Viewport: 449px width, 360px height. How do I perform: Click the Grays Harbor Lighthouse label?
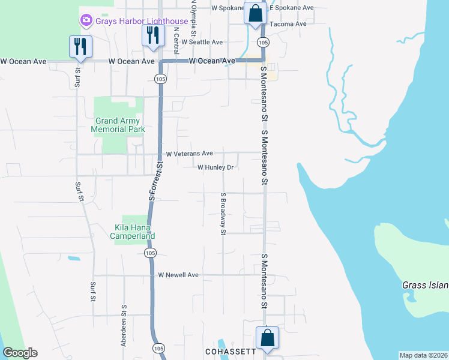click(142, 21)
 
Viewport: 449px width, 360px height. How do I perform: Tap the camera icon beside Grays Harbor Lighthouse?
click(86, 21)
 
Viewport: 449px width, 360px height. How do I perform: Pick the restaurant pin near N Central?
click(152, 35)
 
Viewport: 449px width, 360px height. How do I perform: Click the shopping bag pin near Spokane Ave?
click(255, 13)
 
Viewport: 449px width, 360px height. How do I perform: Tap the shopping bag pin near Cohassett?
click(267, 337)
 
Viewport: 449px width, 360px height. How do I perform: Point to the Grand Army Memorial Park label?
click(118, 125)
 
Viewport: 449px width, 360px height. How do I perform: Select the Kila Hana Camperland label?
click(135, 232)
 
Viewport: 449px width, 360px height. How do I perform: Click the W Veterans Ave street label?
click(189, 154)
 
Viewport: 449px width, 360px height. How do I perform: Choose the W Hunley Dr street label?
click(215, 167)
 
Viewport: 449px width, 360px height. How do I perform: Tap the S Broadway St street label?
click(223, 213)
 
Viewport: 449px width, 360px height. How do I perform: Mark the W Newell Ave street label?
click(178, 275)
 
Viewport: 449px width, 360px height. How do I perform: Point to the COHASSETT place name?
click(230, 352)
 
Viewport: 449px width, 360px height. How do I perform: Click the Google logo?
click(20, 353)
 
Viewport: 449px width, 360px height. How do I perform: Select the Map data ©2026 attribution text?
click(423, 355)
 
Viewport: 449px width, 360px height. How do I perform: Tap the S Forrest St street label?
click(156, 180)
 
